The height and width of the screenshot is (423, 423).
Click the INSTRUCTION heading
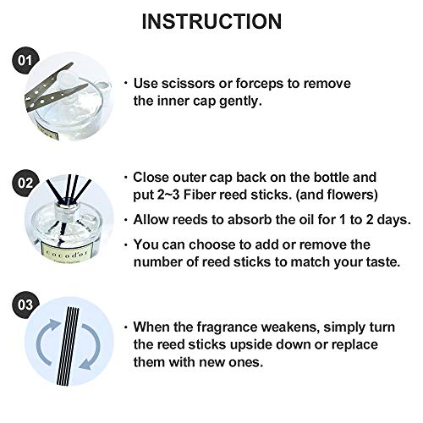pyautogui.click(x=211, y=21)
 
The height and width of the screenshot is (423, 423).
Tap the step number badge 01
pyautogui.click(x=25, y=60)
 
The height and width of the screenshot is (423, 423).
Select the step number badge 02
pyautogui.click(x=25, y=183)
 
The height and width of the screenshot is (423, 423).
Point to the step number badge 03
pyautogui.click(x=25, y=305)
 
